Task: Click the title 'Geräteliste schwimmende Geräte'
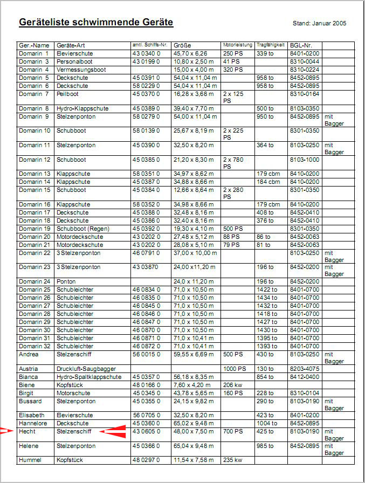96,23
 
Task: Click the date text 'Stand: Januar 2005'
319,24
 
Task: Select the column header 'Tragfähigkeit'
271,45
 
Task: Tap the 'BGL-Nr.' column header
301,45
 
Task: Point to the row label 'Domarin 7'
34,94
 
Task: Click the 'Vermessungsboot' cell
81,70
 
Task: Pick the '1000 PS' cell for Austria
235,369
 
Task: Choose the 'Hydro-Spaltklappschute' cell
88,377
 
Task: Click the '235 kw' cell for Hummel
232,460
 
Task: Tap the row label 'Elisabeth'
31,416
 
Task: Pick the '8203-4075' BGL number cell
305,369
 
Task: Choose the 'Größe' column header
182,45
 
